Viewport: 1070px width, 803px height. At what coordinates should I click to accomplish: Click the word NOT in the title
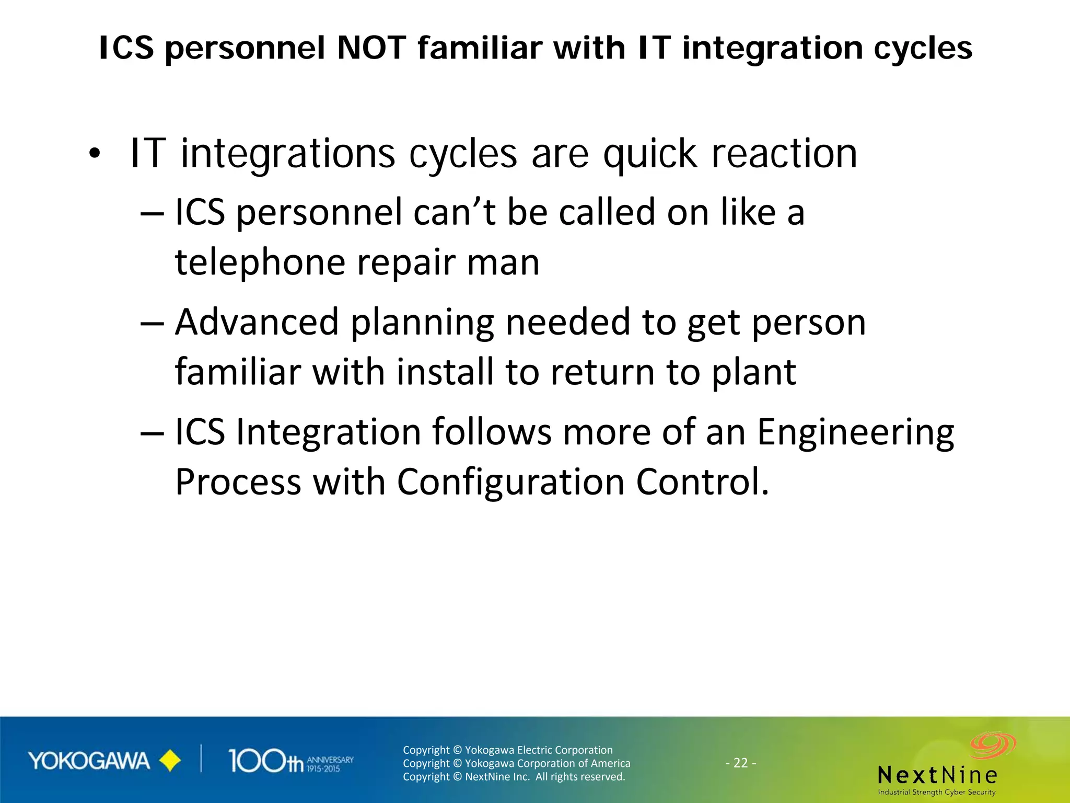point(371,48)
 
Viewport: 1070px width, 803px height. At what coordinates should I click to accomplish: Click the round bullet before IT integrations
point(94,154)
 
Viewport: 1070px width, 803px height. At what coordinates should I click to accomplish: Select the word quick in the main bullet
point(650,154)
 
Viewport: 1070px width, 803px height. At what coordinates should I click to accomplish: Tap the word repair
point(406,263)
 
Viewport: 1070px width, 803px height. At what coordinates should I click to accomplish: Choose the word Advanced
point(257,322)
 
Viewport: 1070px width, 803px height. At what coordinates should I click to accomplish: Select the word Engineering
point(855,433)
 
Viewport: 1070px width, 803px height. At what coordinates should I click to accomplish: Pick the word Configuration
point(510,482)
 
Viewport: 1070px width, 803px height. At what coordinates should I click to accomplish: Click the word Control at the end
point(702,482)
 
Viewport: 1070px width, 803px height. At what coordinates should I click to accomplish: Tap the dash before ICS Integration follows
point(152,433)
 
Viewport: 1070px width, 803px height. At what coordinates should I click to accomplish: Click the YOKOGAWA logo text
point(89,761)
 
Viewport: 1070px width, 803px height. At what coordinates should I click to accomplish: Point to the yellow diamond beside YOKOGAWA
point(170,761)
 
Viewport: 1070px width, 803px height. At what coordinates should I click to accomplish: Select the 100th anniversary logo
point(290,761)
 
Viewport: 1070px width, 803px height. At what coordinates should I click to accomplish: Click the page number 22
point(740,763)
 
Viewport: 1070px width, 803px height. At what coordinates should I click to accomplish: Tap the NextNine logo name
point(937,775)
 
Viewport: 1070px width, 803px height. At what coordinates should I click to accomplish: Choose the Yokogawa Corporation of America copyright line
point(516,763)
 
